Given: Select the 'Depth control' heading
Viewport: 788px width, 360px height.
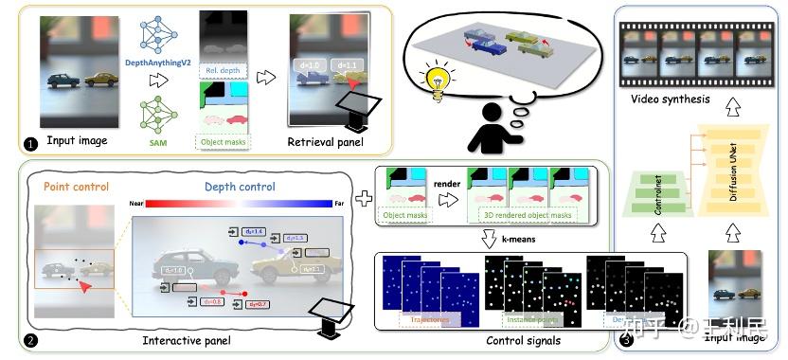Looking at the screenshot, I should pos(241,186).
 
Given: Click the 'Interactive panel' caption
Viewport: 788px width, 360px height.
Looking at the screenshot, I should pos(182,339).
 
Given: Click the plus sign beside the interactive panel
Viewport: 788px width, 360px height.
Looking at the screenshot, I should pos(362,198).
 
